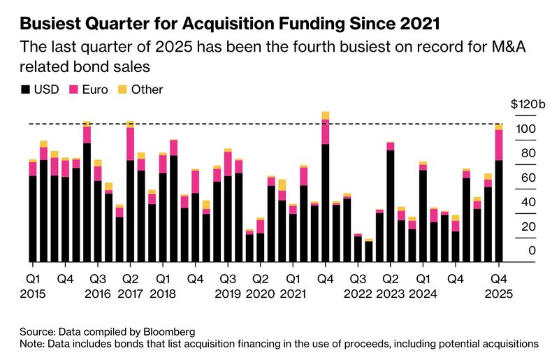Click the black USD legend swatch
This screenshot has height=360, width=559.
[x=26, y=89]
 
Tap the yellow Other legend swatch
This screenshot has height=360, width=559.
[x=122, y=89]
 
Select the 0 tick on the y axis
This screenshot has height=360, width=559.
[x=532, y=251]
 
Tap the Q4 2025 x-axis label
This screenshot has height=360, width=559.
[x=500, y=286]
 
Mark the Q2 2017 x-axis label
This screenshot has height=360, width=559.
[x=130, y=286]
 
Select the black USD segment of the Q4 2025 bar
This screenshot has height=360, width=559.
[x=499, y=210]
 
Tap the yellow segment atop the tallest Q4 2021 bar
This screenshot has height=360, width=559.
[x=326, y=115]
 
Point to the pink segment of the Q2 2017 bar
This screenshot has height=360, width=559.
[x=130, y=143]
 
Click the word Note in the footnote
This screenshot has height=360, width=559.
[x=32, y=344]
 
